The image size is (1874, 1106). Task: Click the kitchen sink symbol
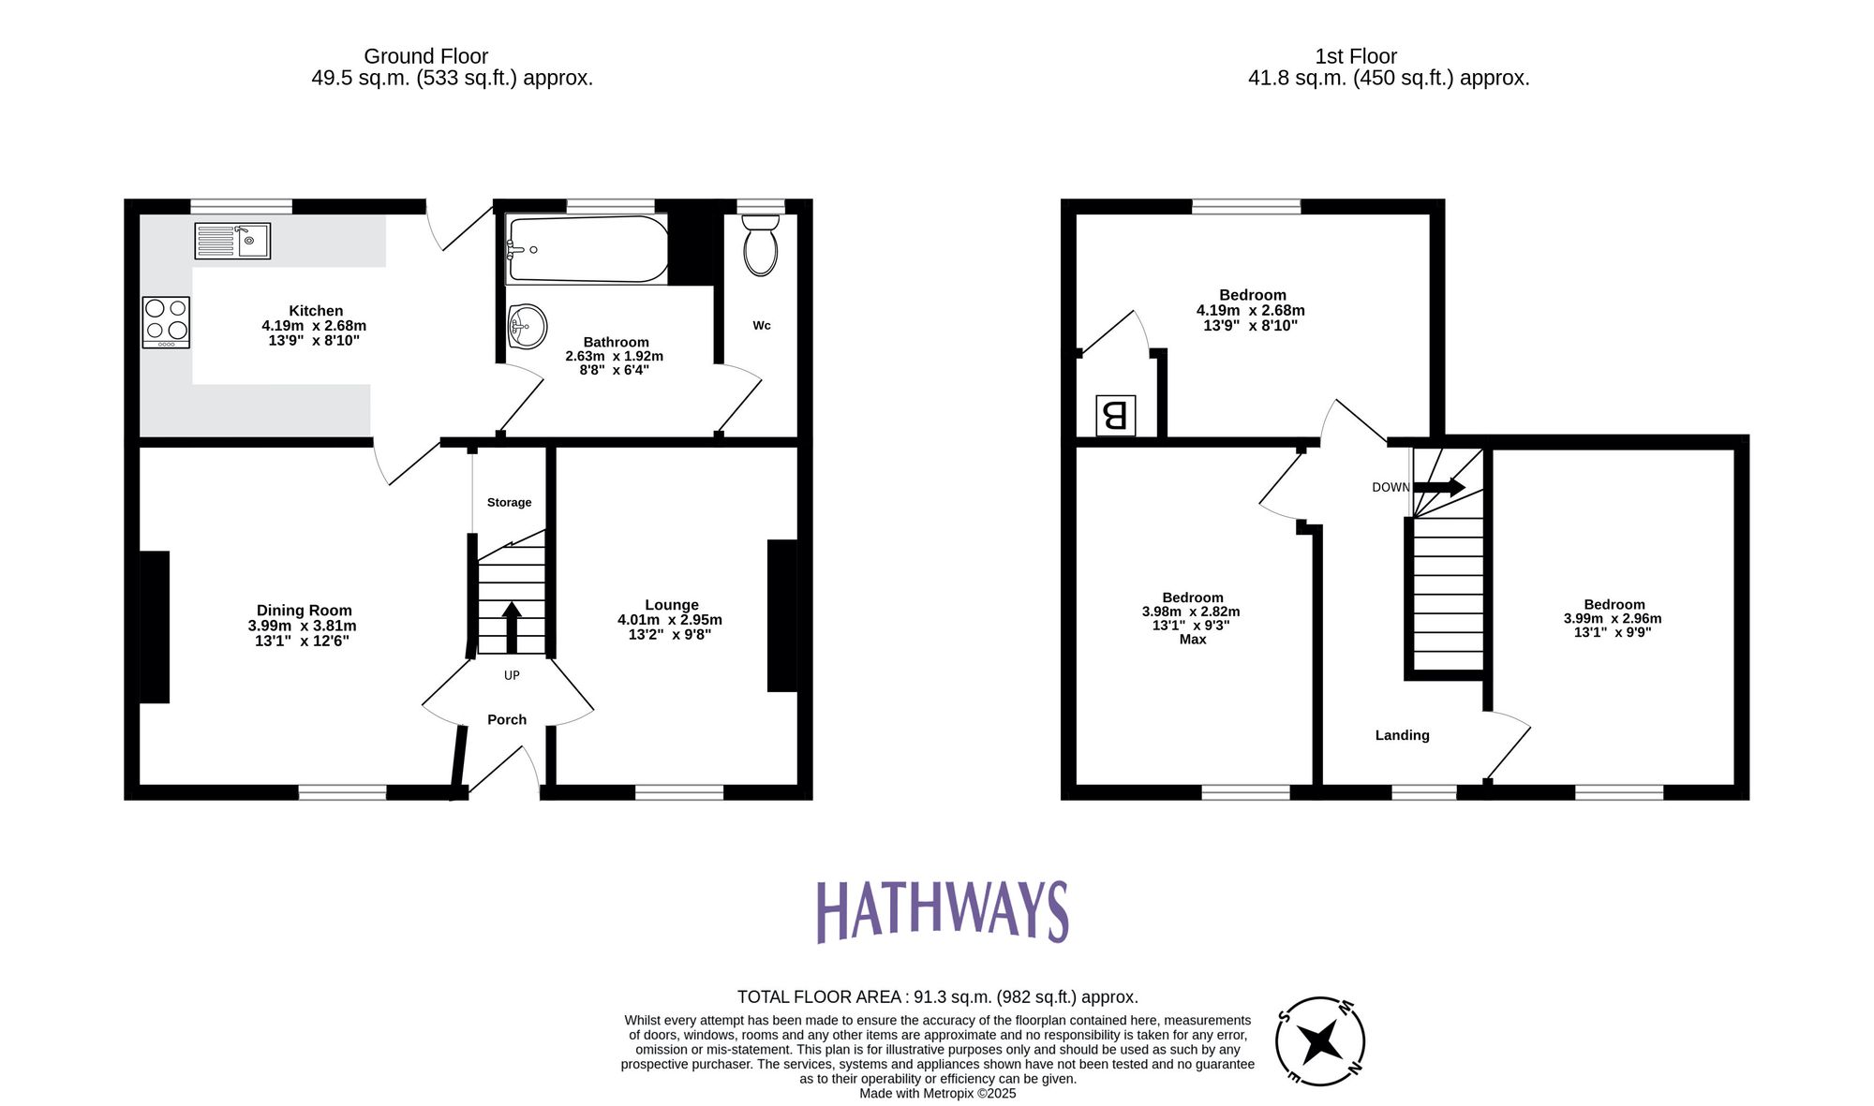click(232, 241)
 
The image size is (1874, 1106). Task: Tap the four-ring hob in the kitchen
click(166, 322)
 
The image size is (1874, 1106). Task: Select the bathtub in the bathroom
click(587, 249)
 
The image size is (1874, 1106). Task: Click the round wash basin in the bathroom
click(528, 327)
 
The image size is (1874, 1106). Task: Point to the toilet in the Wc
click(760, 245)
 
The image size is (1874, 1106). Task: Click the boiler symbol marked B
click(1115, 415)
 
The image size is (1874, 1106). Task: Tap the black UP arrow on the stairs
click(512, 627)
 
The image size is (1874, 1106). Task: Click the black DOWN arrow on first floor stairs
click(1438, 487)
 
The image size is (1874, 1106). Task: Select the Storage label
click(509, 503)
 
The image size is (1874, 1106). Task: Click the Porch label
click(507, 719)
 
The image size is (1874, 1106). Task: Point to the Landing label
click(1402, 735)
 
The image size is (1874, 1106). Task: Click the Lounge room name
click(671, 605)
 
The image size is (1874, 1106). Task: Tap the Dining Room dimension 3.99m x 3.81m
click(302, 626)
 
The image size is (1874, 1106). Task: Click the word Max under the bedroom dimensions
click(1193, 640)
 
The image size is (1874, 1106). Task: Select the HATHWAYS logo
click(942, 910)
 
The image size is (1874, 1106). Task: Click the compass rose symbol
click(1319, 1041)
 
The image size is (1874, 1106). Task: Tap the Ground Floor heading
click(425, 56)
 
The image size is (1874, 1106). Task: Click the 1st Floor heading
click(1355, 56)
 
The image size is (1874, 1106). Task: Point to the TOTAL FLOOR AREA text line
click(937, 996)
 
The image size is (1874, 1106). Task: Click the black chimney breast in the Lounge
click(781, 615)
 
